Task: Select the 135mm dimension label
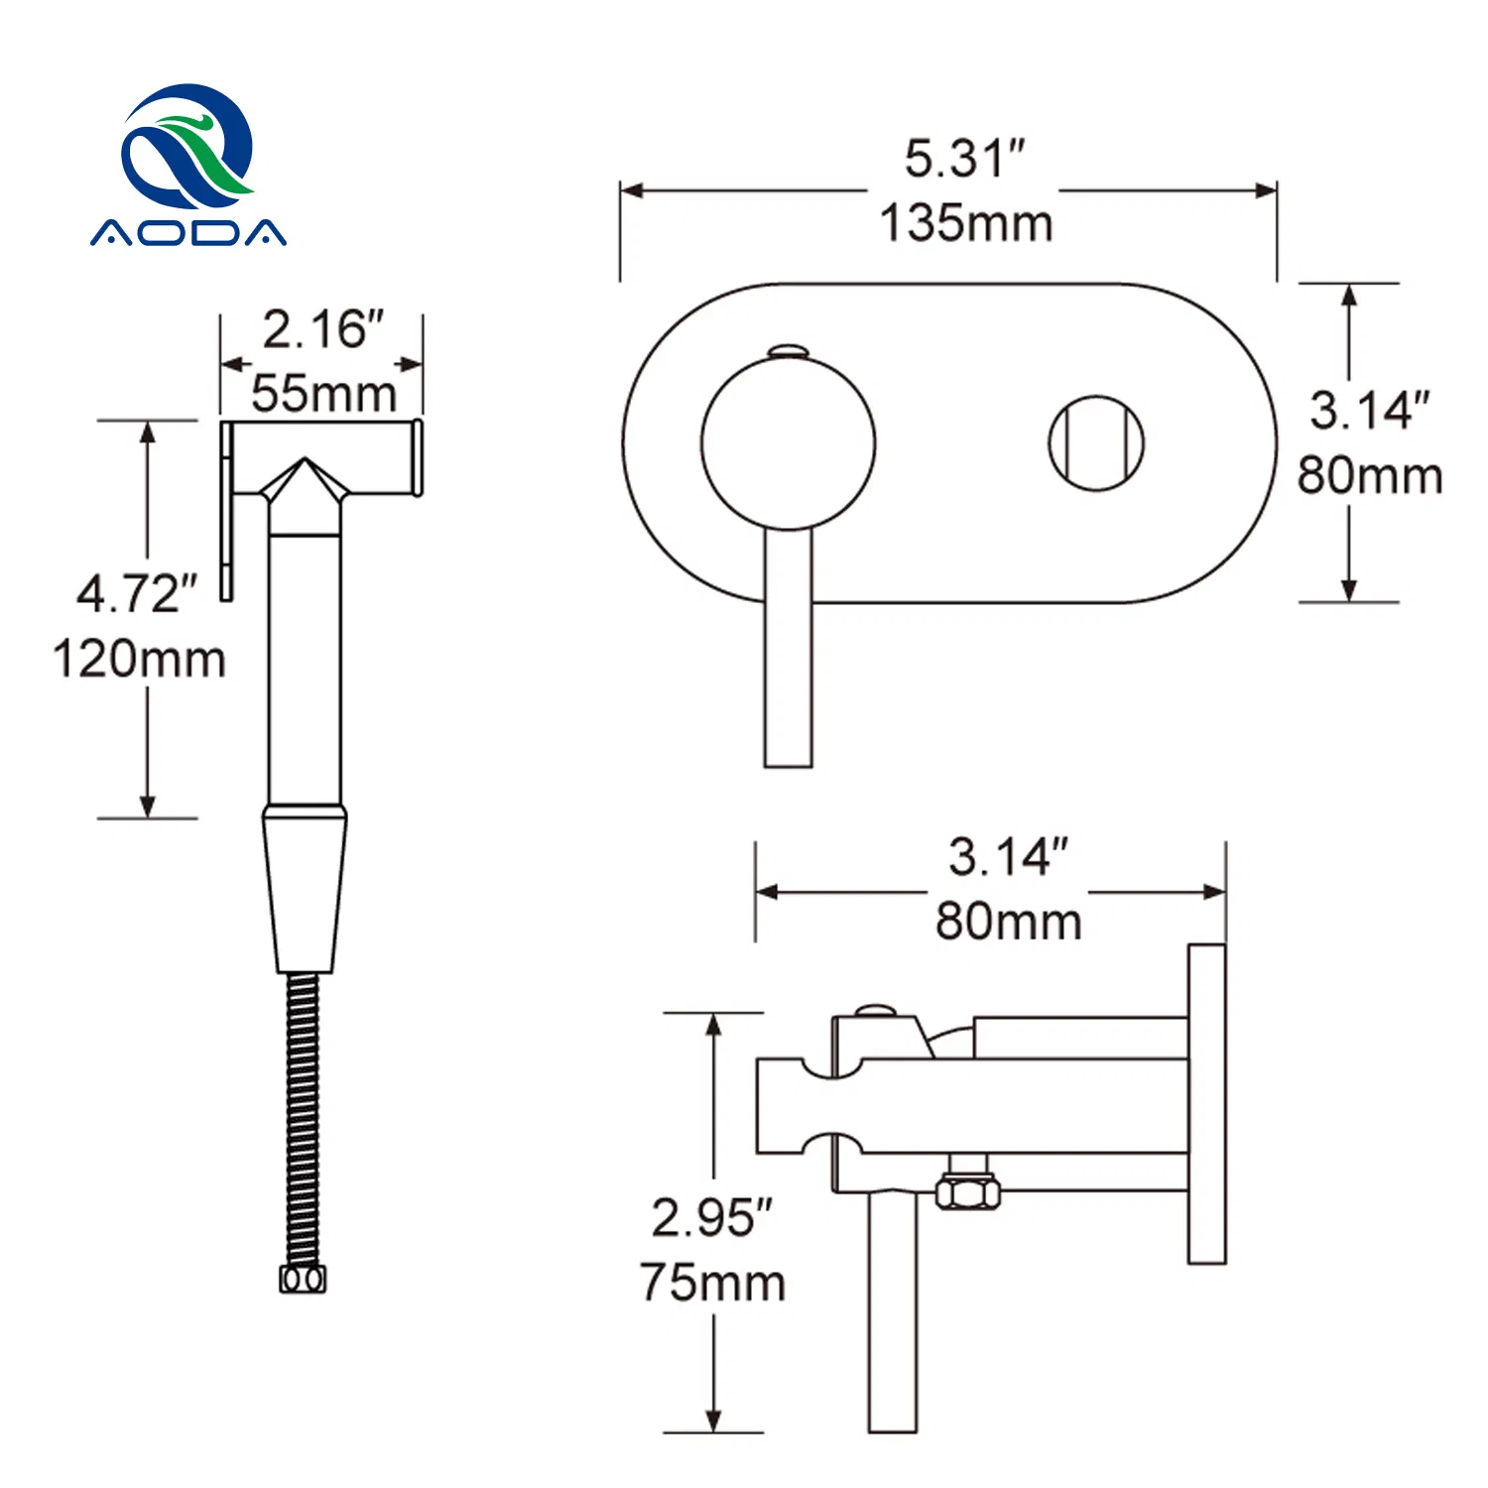pyautogui.click(x=966, y=223)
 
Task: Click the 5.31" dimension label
pyautogui.click(x=964, y=159)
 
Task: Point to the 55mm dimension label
pyautogui.click(x=323, y=394)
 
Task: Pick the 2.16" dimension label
pyautogui.click(x=322, y=329)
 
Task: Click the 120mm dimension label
pyautogui.click(x=139, y=660)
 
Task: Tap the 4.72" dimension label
pyautogui.click(x=137, y=594)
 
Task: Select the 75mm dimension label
pyautogui.click(x=712, y=1283)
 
